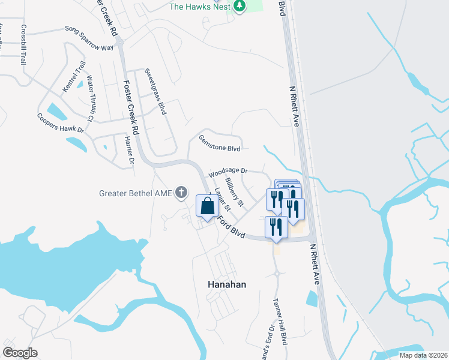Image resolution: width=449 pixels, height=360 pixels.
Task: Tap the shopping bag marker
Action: pos(207,206)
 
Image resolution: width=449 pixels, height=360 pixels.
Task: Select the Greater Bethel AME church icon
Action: pos(183,193)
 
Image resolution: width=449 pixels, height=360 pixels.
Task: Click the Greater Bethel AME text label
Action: pos(136,193)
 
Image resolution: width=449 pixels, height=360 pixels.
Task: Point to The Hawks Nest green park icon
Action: pos(240,6)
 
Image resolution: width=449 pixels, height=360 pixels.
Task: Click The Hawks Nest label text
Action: pos(199,7)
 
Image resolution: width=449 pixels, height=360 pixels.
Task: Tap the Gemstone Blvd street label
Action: pos(219,143)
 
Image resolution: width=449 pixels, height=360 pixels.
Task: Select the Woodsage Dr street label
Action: pos(228,172)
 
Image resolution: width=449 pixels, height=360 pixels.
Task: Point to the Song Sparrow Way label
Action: pos(89,38)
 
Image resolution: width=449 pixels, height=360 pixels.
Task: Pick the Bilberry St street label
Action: pos(234,191)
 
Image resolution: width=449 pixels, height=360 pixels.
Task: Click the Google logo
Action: pos(20,353)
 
